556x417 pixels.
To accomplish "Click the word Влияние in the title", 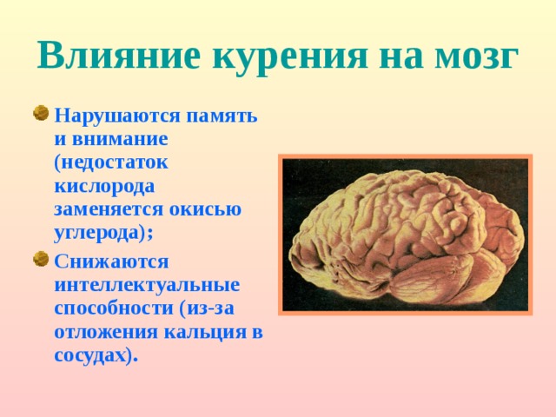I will pyautogui.click(x=116, y=56).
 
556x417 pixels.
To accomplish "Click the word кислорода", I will pyautogui.click(x=103, y=185).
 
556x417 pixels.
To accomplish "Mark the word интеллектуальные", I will pyautogui.click(x=147, y=284).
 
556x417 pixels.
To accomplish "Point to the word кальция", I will pyautogui.click(x=206, y=332).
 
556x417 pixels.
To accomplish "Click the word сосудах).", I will pyautogui.click(x=96, y=355).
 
